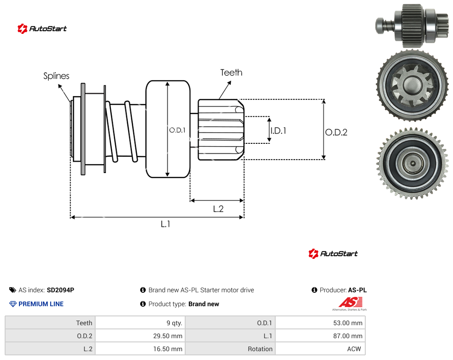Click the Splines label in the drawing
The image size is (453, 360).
(56, 76)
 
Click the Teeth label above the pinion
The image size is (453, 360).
(231, 72)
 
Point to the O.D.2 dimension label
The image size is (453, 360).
(336, 132)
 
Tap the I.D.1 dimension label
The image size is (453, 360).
(278, 131)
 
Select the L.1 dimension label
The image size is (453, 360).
(166, 224)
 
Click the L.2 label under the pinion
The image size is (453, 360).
(218, 209)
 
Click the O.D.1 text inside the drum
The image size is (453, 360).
(177, 130)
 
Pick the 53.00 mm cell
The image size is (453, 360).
(320, 323)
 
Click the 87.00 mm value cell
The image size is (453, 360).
(320, 336)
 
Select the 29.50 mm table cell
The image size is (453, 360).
(140, 336)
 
